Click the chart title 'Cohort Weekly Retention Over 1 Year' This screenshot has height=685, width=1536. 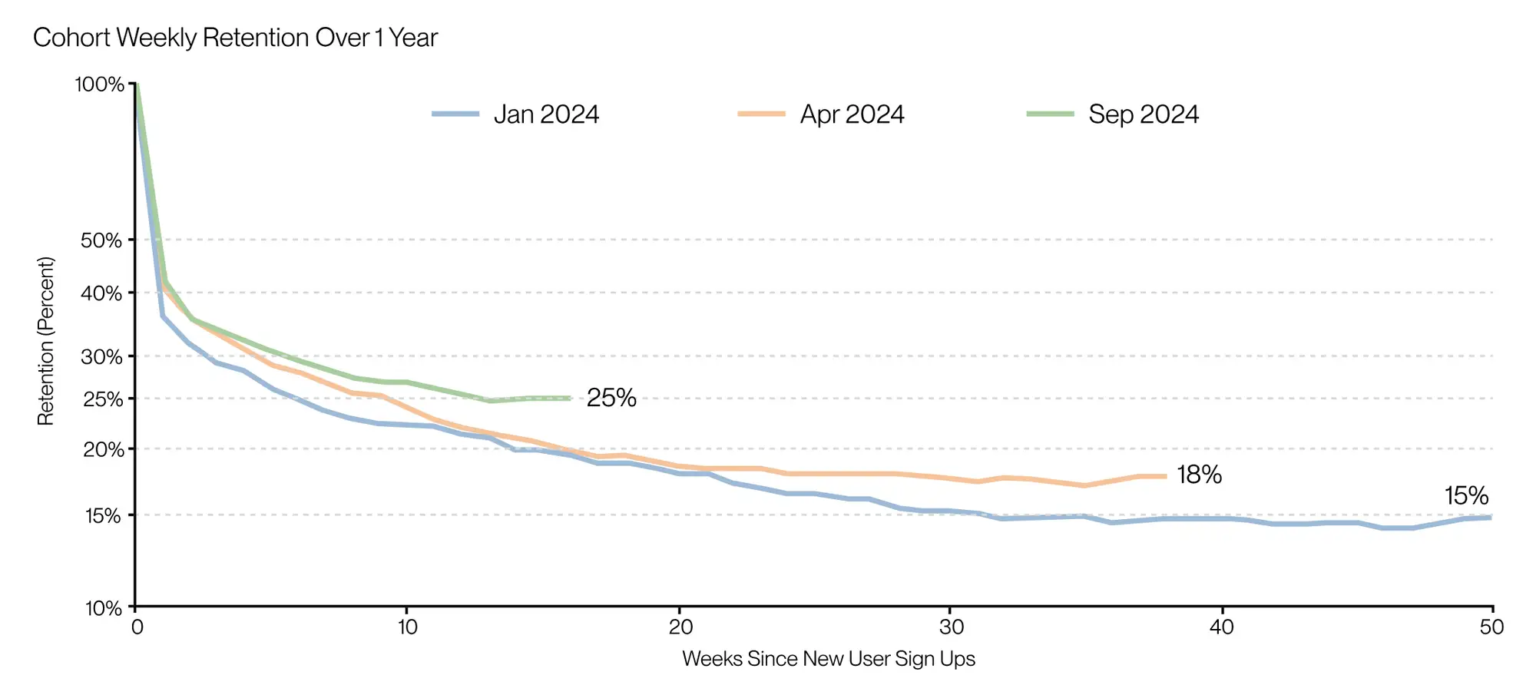pyautogui.click(x=235, y=38)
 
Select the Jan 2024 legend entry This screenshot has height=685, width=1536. pyautogui.click(x=515, y=114)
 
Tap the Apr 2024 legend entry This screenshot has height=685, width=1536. pyautogui.click(x=821, y=114)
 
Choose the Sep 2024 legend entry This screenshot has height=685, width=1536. pyautogui.click(x=1113, y=114)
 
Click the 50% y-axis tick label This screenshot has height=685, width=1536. pyautogui.click(x=101, y=240)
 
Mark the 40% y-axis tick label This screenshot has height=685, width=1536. pyautogui.click(x=101, y=293)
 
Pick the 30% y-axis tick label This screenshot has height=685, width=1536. pyautogui.click(x=101, y=356)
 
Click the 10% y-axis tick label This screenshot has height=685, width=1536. pyautogui.click(x=104, y=608)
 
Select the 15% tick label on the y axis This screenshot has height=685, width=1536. pyautogui.click(x=103, y=515)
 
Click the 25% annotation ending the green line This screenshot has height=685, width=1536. pyautogui.click(x=611, y=398)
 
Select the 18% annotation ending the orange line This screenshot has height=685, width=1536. pyautogui.click(x=1199, y=475)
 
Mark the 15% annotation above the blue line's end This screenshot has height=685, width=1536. pyautogui.click(x=1466, y=496)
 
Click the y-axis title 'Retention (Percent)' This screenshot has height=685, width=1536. pyautogui.click(x=46, y=341)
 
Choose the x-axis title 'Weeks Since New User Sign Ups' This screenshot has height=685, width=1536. pyautogui.click(x=829, y=659)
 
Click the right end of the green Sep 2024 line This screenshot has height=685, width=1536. pyautogui.click(x=571, y=399)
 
